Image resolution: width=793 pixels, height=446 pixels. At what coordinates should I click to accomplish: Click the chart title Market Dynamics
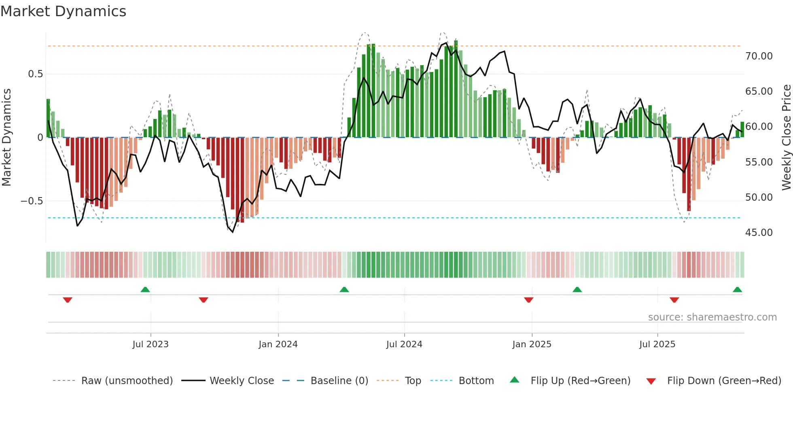pos(63,11)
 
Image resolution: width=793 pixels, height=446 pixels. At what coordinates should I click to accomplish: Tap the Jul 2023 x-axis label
pos(150,344)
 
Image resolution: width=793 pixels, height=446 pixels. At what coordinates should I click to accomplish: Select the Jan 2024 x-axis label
pos(278,344)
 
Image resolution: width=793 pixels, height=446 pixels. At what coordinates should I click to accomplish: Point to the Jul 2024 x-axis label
pos(404,344)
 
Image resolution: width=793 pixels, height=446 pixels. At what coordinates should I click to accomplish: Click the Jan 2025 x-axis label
pos(532,344)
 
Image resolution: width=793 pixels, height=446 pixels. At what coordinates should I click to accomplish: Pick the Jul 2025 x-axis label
pos(657,344)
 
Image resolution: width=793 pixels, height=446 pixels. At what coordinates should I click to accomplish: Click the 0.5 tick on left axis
pos(35,74)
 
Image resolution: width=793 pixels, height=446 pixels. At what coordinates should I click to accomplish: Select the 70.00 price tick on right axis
pos(759,56)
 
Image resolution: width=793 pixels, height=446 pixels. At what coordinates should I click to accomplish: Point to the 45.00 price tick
pos(759,233)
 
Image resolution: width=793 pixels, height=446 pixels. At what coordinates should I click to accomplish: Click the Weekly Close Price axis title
pos(786,138)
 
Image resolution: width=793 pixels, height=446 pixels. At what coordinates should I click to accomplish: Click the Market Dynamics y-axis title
pos(6,138)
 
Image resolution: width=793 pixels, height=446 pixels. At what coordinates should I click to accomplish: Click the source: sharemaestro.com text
pos(712,317)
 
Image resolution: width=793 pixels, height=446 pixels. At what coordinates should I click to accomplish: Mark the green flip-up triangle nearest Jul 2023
pos(145,289)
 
